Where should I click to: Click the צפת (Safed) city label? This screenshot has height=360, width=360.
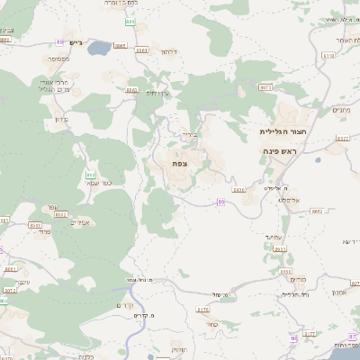[180, 164]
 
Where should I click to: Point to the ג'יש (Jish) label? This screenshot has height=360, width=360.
[76, 42]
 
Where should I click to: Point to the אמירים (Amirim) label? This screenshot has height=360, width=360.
[80, 221]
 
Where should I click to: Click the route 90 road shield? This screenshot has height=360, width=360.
[293, 337]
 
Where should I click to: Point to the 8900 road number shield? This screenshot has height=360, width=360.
[237, 190]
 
